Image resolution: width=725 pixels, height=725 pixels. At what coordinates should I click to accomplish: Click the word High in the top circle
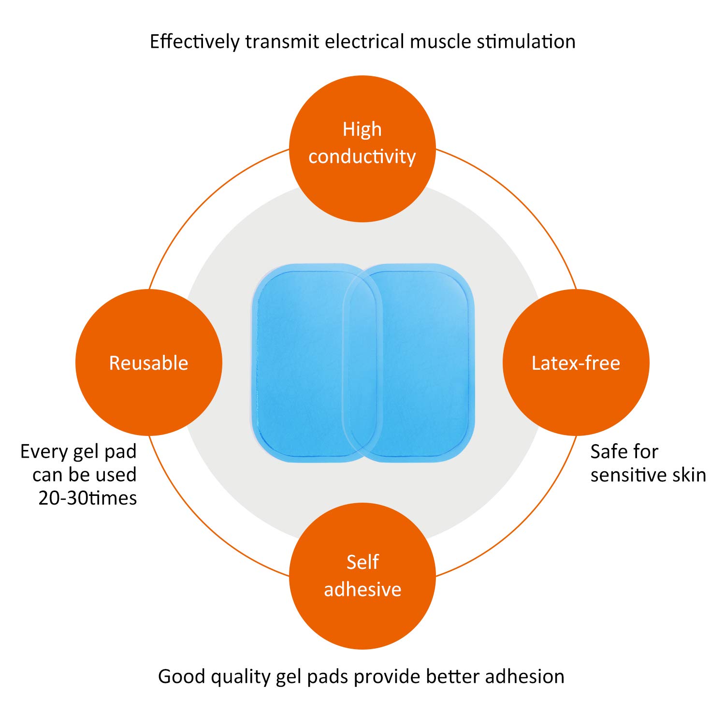click(x=362, y=130)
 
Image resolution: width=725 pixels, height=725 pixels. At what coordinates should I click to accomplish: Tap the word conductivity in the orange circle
click(x=362, y=157)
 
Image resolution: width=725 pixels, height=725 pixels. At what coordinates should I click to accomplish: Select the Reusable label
click(x=148, y=363)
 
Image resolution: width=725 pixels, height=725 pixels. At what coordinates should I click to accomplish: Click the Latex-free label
click(x=576, y=363)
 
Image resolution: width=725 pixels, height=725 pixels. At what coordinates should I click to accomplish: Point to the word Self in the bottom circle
click(x=362, y=562)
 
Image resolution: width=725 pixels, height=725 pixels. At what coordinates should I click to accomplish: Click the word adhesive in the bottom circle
click(x=362, y=589)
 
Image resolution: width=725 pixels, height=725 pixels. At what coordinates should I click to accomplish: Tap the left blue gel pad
click(x=300, y=362)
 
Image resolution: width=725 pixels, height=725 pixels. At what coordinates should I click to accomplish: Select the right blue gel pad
click(x=425, y=362)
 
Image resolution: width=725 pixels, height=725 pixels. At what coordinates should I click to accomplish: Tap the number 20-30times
click(x=87, y=498)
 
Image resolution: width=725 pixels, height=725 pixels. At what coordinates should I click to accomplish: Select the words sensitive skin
click(x=648, y=475)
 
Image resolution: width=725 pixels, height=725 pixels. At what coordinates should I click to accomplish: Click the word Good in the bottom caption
click(x=181, y=676)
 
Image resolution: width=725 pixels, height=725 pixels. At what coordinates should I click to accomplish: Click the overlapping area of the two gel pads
click(x=362, y=362)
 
